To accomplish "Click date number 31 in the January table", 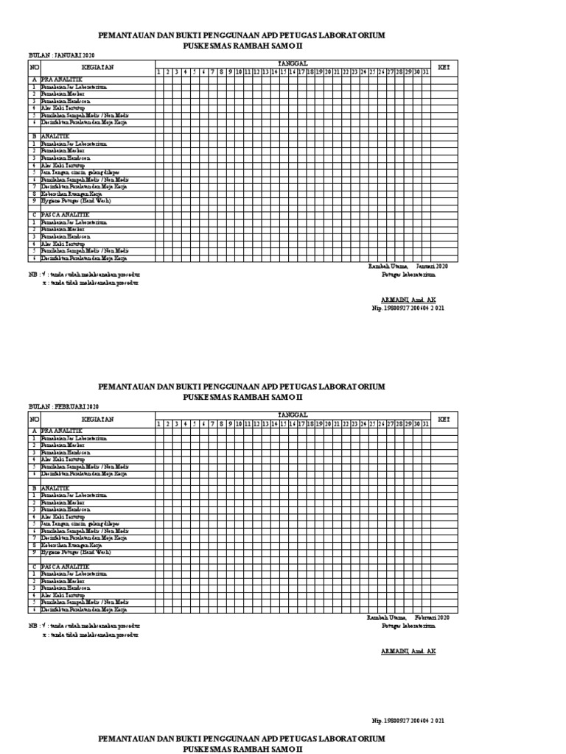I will pos(426,72).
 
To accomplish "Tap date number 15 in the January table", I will pos(283,72).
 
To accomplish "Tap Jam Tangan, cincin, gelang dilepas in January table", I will pos(80,172).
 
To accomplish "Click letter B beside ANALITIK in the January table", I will pos(33,136).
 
